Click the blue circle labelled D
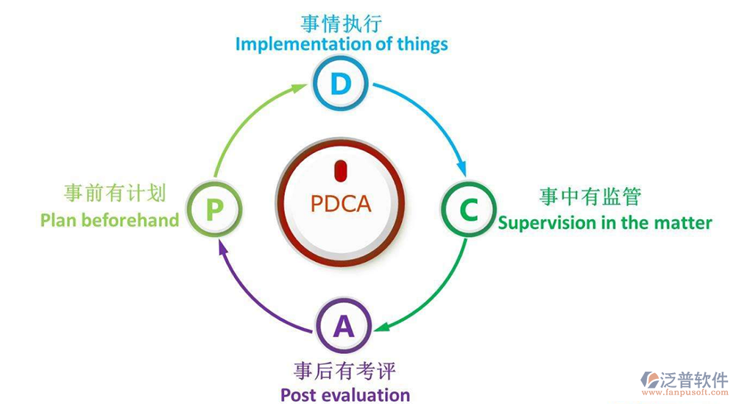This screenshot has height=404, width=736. click(x=341, y=85)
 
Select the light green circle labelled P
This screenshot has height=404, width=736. click(x=213, y=210)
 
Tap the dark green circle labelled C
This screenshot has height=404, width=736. click(x=468, y=210)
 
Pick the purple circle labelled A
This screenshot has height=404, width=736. click(x=343, y=327)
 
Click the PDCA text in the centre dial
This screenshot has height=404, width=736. click(x=341, y=203)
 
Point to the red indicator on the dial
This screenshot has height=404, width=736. click(x=340, y=171)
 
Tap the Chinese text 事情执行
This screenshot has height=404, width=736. click(x=341, y=23)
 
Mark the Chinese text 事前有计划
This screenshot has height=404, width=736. click(x=114, y=194)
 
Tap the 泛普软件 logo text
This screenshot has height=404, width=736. click(x=694, y=379)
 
